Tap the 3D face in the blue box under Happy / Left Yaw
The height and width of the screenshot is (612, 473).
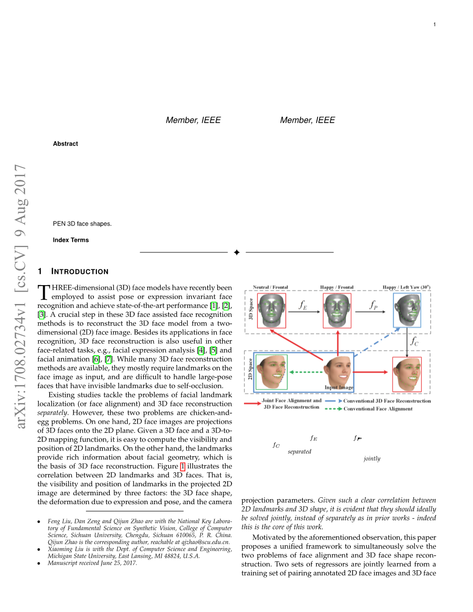[x=407, y=310]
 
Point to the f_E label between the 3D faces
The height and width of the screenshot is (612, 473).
[x=302, y=305]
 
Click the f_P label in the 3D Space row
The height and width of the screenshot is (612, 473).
[x=374, y=305]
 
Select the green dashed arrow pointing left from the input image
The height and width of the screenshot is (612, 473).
[x=303, y=372]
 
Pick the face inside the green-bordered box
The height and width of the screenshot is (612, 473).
[x=272, y=371]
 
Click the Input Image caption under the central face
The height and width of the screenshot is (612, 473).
[x=339, y=387]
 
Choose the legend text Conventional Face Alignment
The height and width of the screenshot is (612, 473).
[x=378, y=409]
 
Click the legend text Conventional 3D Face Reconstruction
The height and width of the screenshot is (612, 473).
[x=387, y=401]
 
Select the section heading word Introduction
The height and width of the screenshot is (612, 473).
[x=80, y=272]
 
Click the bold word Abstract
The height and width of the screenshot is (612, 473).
[x=66, y=144]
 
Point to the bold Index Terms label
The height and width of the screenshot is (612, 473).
[x=71, y=240]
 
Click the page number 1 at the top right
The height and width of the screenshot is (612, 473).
[x=434, y=24]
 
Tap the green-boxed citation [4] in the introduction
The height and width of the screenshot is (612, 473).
[x=201, y=351]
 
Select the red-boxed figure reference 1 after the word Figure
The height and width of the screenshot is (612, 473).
[x=182, y=466]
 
